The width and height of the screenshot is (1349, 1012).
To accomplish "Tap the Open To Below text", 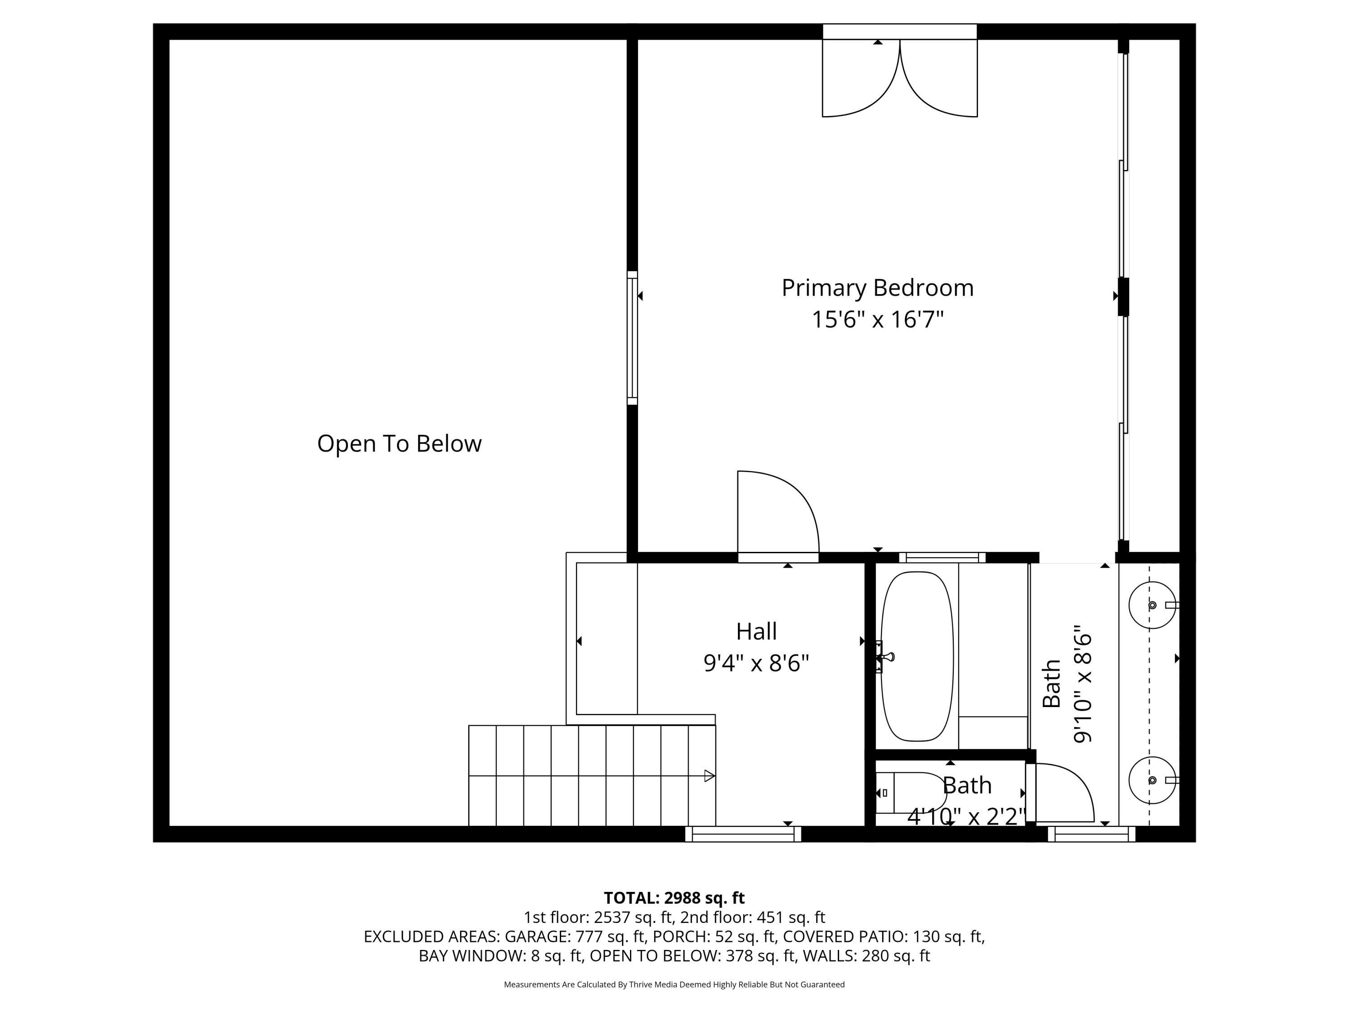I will [x=399, y=443].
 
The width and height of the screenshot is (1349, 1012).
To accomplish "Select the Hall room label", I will [x=756, y=631].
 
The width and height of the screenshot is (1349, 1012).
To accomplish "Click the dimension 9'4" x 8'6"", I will [x=756, y=663].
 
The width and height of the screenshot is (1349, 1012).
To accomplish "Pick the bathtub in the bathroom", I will [x=916, y=656].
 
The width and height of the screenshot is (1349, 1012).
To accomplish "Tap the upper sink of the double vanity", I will [x=1152, y=605].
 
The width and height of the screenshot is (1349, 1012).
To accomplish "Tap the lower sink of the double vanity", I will [x=1152, y=780].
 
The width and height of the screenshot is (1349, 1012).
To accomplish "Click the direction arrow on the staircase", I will [x=709, y=776].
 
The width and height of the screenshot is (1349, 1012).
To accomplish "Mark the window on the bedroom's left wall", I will [x=632, y=338].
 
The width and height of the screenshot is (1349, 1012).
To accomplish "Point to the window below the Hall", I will [x=743, y=834].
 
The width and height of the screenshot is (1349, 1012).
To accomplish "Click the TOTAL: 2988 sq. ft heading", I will [x=674, y=898].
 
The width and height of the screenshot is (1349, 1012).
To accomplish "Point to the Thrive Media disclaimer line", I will [x=674, y=984].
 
